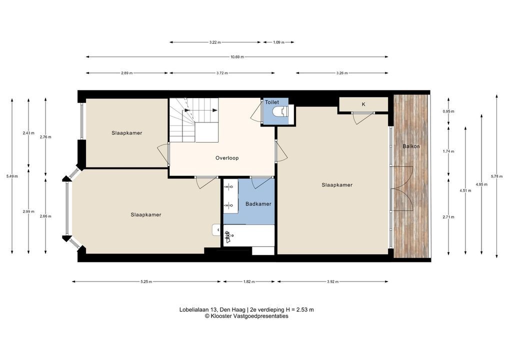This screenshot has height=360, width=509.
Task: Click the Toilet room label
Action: (271, 102)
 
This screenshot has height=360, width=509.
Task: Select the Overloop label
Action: (227, 158)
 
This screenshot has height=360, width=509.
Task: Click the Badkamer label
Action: (258, 204)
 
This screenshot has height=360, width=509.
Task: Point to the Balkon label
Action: (411, 146)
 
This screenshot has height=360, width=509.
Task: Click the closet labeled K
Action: (363, 104)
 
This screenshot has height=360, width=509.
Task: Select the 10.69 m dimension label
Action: (237, 57)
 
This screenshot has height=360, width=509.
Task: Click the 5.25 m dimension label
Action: (146, 282)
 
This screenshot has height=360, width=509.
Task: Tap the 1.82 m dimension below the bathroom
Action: (249, 282)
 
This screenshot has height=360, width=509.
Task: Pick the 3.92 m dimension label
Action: (332, 282)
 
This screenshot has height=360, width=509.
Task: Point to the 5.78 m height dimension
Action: (496, 176)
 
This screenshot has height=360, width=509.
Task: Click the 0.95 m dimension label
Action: (448, 111)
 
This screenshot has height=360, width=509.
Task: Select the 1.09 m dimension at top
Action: (278, 42)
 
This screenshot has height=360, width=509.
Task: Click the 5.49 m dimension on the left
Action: (12, 176)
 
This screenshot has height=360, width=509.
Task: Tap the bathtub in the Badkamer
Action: (249, 235)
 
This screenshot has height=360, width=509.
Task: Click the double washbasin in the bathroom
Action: (230, 195)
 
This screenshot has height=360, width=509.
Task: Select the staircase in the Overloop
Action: (193, 120)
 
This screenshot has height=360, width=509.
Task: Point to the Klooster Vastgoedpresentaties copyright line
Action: (246, 316)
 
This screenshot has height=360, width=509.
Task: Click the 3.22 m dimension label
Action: (215, 42)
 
